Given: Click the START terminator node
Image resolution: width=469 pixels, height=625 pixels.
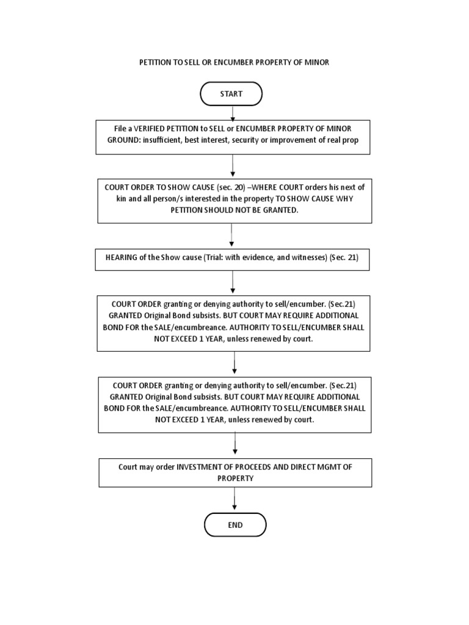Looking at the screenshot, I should pyautogui.click(x=231, y=94).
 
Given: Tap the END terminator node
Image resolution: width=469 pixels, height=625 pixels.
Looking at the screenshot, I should pyautogui.click(x=234, y=524).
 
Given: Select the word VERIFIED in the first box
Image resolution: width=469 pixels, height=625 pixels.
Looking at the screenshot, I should pyautogui.click(x=156, y=129).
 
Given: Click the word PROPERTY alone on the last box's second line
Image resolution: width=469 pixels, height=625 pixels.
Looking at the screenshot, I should pyautogui.click(x=234, y=479).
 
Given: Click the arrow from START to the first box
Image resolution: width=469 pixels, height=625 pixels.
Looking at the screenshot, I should pyautogui.click(x=232, y=112).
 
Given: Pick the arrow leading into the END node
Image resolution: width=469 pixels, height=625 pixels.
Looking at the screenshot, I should pyautogui.click(x=234, y=499).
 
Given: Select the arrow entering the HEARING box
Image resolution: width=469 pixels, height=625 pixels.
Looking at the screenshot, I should pyautogui.click(x=231, y=234).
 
